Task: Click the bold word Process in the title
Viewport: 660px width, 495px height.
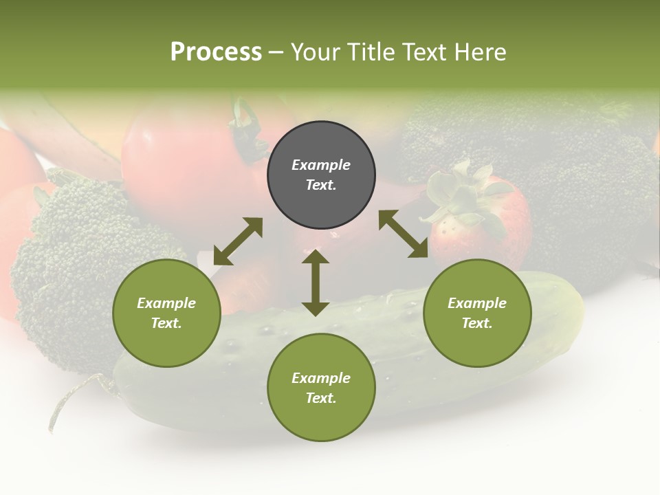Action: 216,52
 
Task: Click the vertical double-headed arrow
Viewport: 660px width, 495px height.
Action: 316,283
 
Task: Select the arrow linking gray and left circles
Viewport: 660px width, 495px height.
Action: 238,241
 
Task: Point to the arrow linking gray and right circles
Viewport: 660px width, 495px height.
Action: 404,234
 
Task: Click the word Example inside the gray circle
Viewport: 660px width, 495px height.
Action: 321,165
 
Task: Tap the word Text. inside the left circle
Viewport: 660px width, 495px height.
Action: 166,323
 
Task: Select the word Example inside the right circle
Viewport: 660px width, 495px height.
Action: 477,303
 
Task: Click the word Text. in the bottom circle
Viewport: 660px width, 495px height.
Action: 321,398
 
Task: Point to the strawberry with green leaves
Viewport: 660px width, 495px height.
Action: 481,220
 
